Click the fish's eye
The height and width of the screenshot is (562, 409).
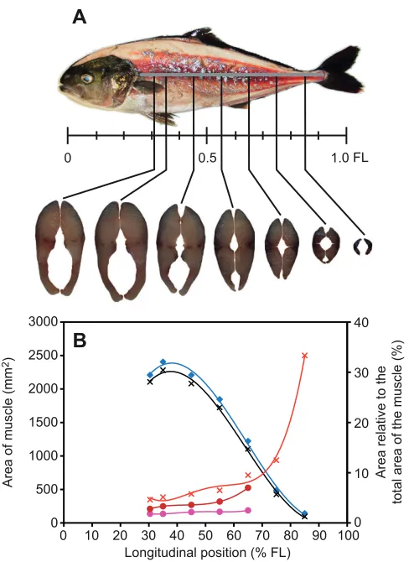tap(87, 78)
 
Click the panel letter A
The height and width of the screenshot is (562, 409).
tap(79, 17)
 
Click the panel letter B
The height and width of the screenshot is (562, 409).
tap(80, 341)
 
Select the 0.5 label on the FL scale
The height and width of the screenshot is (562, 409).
tap(208, 158)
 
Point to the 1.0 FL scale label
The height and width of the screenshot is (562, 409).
tap(349, 158)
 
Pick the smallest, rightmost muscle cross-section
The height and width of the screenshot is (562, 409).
tap(363, 247)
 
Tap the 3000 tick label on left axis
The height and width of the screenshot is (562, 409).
tap(44, 322)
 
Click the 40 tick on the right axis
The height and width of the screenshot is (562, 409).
tap(360, 323)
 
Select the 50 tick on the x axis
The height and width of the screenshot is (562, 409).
tap(205, 535)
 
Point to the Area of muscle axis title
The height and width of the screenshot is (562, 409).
tap(8, 422)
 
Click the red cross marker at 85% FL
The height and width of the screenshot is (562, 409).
tap(305, 356)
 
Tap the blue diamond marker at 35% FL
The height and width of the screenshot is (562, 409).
tap(163, 362)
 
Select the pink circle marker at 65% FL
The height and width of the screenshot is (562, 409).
tap(248, 510)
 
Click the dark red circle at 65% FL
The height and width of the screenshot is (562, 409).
tap(248, 488)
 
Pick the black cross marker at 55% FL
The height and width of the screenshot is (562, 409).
tap(220, 408)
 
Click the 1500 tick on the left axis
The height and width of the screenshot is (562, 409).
tap(44, 423)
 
